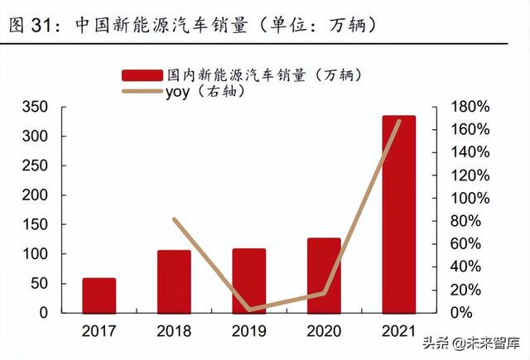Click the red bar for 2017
99,295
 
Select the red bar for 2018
174,281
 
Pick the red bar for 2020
324,276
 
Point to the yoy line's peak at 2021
399,121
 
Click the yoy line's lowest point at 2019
249,310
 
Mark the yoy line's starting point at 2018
174,219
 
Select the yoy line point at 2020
324,293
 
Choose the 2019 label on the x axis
248,331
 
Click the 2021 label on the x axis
398,331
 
